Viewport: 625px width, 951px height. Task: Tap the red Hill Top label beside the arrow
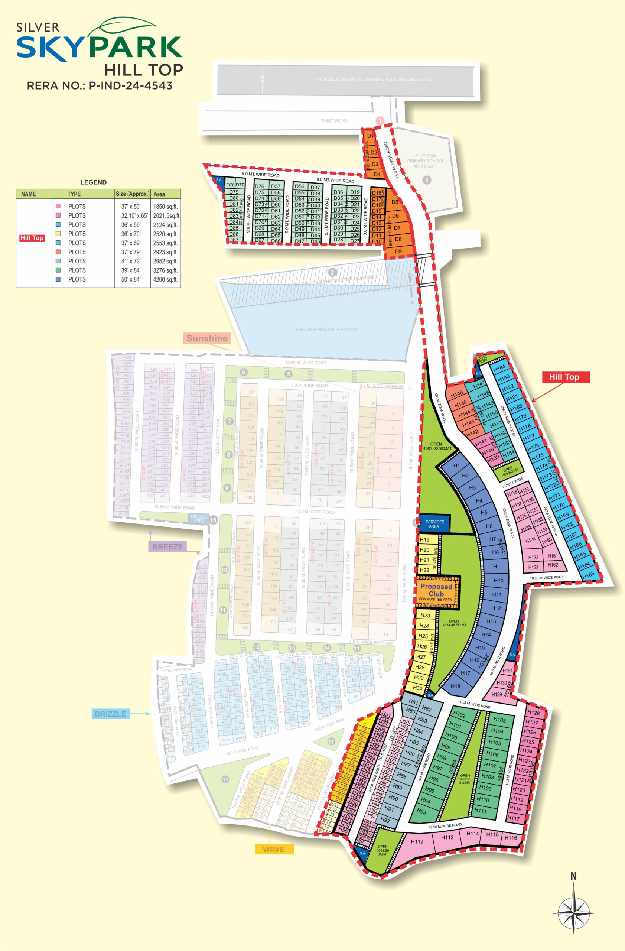click(x=566, y=377)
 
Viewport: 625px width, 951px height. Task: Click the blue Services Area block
click(x=434, y=524)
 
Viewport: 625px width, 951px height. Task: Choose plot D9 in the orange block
click(x=398, y=251)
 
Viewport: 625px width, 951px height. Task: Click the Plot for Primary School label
click(x=425, y=161)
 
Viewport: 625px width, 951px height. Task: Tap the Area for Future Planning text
click(x=326, y=329)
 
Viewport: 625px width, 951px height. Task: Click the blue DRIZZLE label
click(x=110, y=714)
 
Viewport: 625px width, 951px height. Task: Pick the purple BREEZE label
click(x=167, y=546)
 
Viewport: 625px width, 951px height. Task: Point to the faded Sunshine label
click(x=206, y=338)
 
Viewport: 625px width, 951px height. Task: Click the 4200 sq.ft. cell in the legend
click(x=165, y=279)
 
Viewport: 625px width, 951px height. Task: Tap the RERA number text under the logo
click(x=100, y=85)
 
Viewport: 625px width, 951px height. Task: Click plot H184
click(x=499, y=367)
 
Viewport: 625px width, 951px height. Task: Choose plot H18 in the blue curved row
click(x=455, y=686)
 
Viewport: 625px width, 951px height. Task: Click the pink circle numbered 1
click(x=380, y=120)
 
